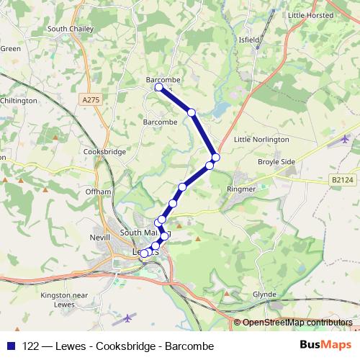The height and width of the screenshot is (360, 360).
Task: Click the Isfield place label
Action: coord(248,40)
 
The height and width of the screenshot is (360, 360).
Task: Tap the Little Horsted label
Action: coord(310,15)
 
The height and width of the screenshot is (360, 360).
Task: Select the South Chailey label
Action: coord(68,29)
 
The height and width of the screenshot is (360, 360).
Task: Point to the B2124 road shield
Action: coord(343,179)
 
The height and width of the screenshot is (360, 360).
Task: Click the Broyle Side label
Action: coord(276,162)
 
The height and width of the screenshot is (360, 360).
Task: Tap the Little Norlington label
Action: coord(262,139)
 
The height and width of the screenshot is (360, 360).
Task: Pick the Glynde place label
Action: coord(265,295)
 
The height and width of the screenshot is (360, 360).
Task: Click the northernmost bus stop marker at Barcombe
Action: coord(158,87)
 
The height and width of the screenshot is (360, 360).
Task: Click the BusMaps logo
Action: coord(324,346)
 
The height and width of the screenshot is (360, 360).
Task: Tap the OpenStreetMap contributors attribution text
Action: coord(297,323)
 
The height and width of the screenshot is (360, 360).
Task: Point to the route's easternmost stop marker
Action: coord(215,157)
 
